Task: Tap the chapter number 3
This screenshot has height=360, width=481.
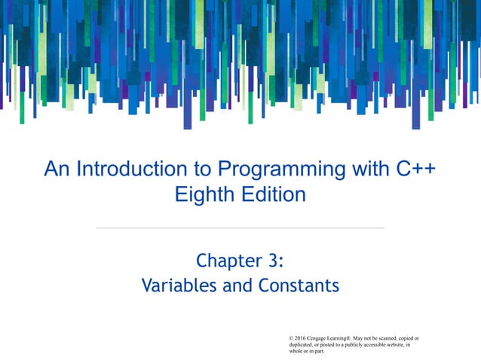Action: click(274, 261)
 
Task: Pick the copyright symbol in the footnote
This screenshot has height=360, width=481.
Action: click(292, 339)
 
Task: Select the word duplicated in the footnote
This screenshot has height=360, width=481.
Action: click(304, 346)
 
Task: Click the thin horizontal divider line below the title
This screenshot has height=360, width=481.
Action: click(240, 227)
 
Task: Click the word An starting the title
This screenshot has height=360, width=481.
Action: click(57, 169)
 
